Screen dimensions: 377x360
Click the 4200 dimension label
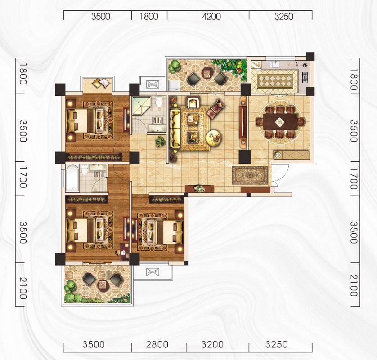[211, 16]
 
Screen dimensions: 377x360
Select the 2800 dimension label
[157, 345]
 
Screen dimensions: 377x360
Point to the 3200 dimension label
[212, 345]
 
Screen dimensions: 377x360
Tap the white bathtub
[72, 178]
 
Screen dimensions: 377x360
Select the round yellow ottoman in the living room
[214, 138]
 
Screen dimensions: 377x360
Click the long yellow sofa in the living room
[175, 128]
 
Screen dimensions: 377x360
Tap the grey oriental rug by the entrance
[250, 175]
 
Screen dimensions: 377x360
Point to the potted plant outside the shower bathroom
[160, 141]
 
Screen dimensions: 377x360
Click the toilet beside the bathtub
[85, 169]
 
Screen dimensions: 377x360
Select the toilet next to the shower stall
[159, 102]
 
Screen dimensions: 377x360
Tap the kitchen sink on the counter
[274, 64]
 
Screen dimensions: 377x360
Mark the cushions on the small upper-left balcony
[101, 83]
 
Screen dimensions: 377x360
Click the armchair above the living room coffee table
[193, 102]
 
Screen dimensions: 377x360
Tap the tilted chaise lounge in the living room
[215, 109]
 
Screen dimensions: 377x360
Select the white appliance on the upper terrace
[174, 85]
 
